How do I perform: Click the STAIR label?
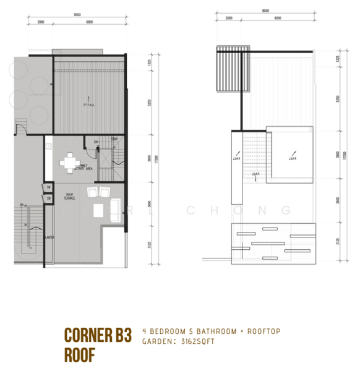(114, 140)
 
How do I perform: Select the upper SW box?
(48, 187)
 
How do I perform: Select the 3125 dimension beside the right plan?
(337, 244)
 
